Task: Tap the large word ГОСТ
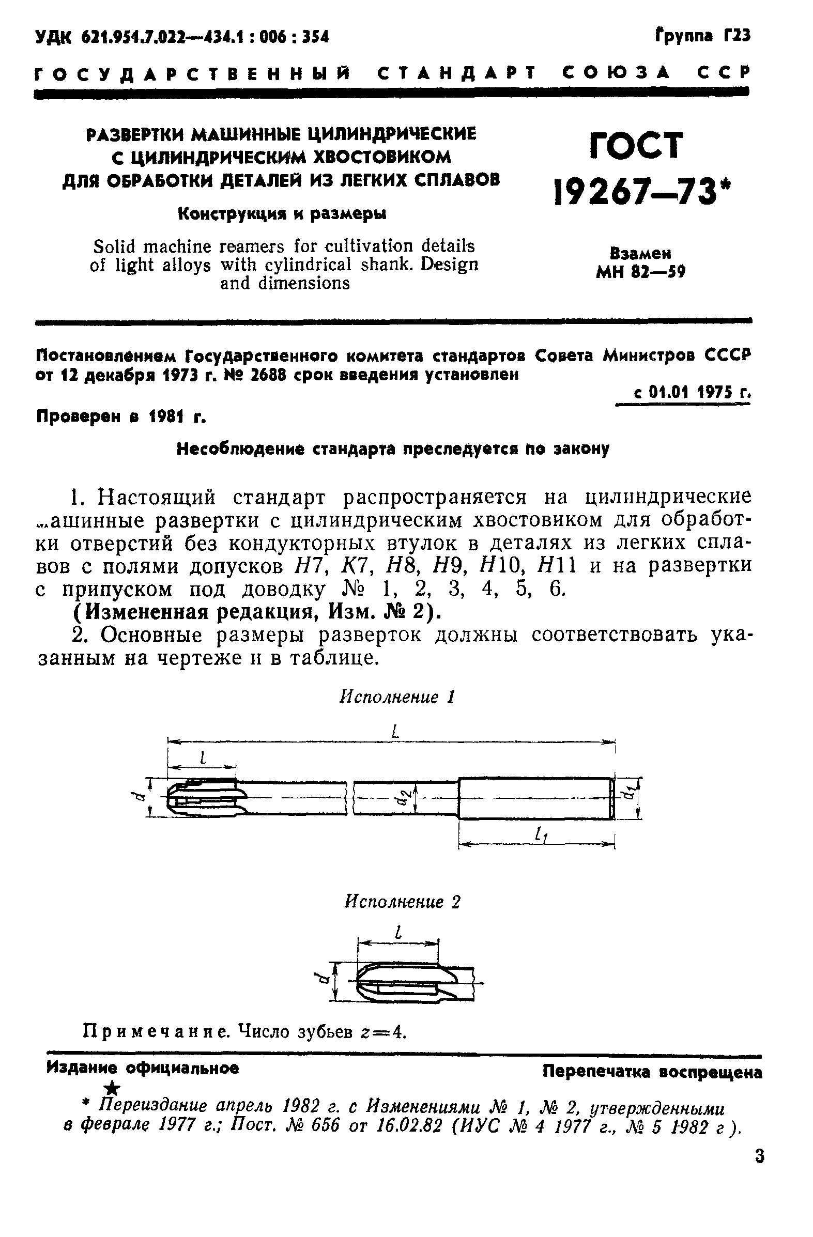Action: pos(636,146)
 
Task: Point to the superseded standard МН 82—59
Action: pos(640,271)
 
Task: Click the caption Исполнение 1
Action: pos(397,697)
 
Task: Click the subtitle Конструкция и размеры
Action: pos(282,213)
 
